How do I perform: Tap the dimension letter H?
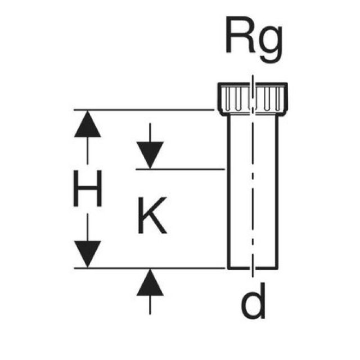coord(87,190)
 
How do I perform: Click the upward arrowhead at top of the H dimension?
coord(87,124)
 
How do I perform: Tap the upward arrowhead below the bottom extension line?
coord(150,282)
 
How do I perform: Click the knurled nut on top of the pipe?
coord(253,99)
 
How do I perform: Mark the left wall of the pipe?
coord(228,191)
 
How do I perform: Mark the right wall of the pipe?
coord(277,191)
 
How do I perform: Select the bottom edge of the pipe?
coord(253,268)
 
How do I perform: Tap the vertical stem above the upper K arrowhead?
coord(150,133)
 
